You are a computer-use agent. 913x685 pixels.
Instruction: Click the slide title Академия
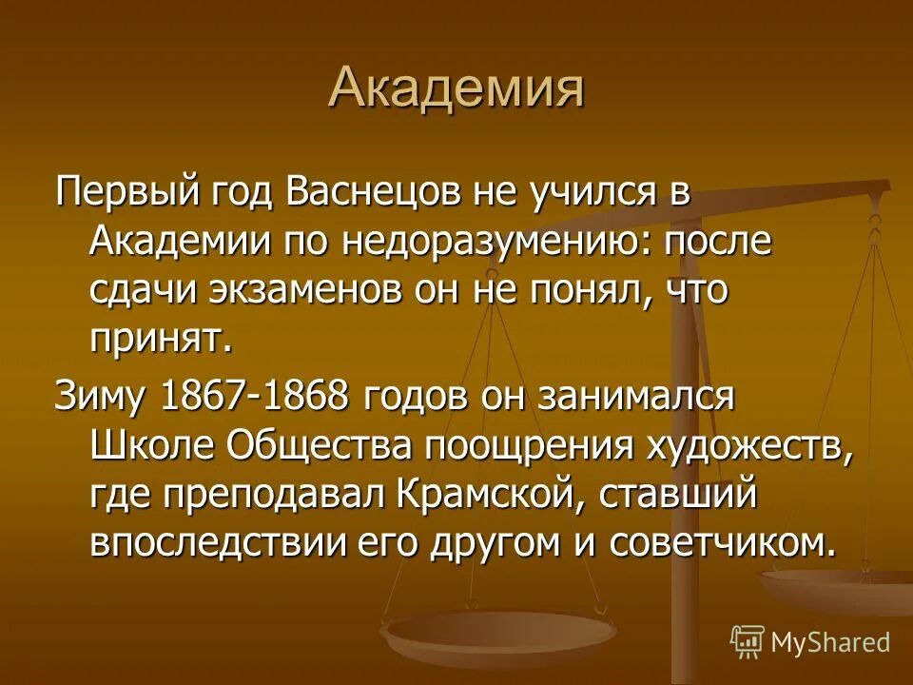click(456, 88)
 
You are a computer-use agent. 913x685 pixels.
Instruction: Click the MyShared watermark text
click(830, 641)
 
